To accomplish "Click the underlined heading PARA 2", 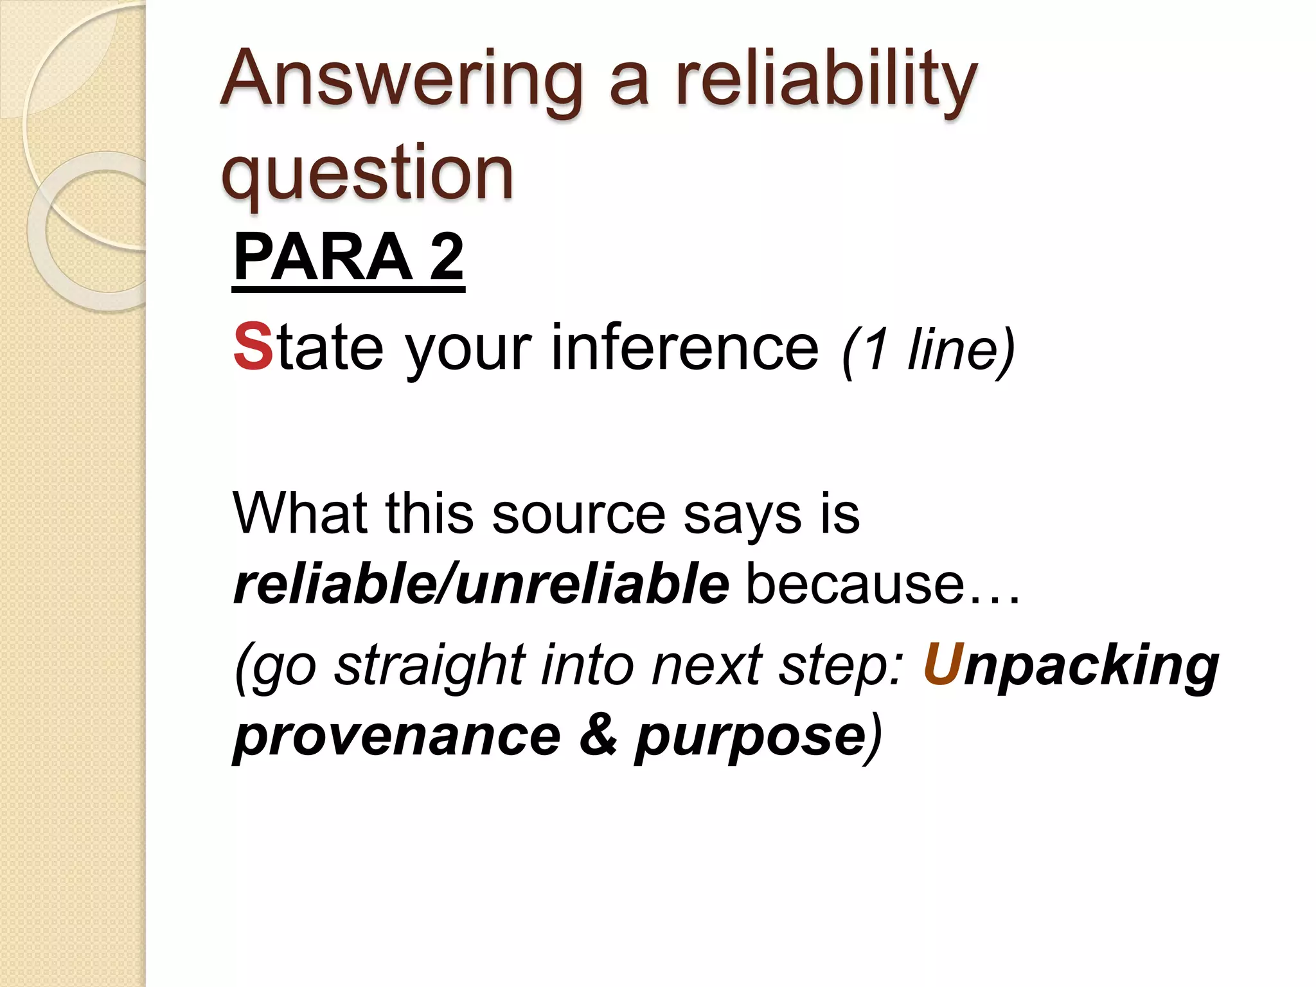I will pos(348,257).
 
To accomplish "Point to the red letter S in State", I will pos(253,347).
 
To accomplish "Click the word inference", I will pos(685,347).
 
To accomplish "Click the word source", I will pos(579,514).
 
